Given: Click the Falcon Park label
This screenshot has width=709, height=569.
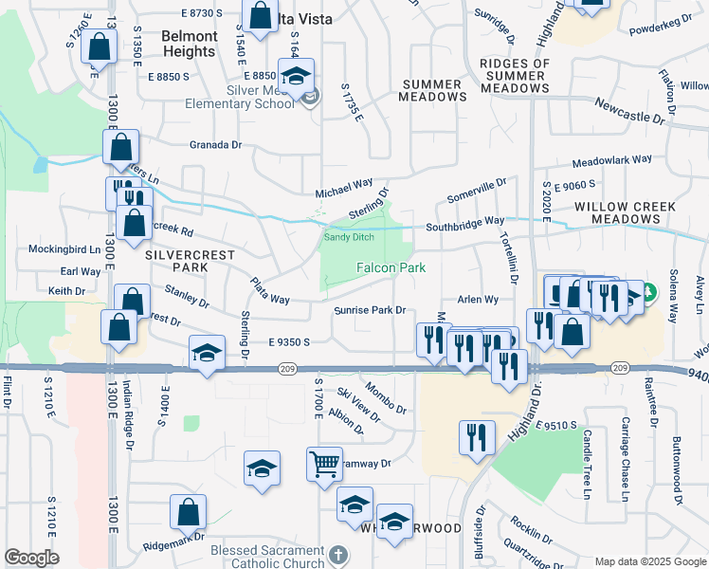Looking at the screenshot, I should pyautogui.click(x=391, y=268).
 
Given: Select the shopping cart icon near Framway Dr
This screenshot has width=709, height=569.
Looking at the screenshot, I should pyautogui.click(x=324, y=465).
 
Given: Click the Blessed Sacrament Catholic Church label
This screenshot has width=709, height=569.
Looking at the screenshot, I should pyautogui.click(x=267, y=557).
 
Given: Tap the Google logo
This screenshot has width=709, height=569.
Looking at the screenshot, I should pyautogui.click(x=31, y=558).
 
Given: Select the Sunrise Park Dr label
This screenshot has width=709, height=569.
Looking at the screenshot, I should pyautogui.click(x=369, y=310).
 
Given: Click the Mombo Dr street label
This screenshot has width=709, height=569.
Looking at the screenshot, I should pyautogui.click(x=385, y=398).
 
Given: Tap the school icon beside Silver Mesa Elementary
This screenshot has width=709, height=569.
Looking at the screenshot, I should pyautogui.click(x=296, y=75).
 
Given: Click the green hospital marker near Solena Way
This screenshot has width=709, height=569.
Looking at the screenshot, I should pyautogui.click(x=648, y=290).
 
